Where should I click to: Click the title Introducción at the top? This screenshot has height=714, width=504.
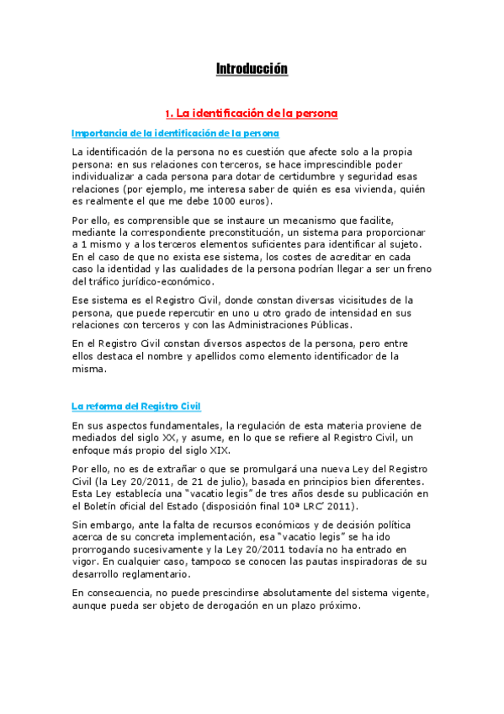pyautogui.click(x=252, y=68)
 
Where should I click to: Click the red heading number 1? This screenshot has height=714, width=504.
pyautogui.click(x=168, y=112)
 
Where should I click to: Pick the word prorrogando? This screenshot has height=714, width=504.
pyautogui.click(x=103, y=549)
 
